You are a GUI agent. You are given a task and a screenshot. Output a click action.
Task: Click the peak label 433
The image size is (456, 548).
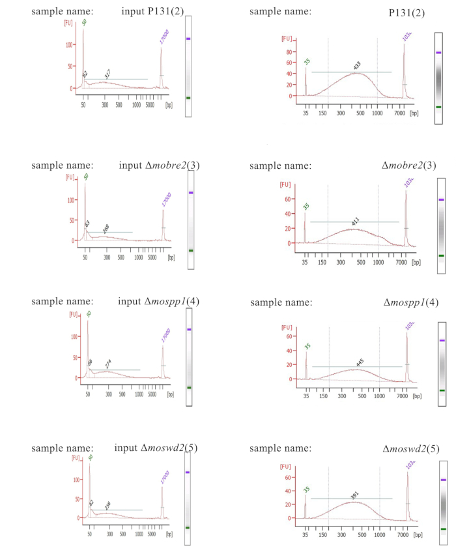pos(357,66)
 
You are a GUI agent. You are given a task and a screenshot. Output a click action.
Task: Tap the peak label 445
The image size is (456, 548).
pos(360,362)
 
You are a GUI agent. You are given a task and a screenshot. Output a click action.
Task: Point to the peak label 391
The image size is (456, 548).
pos(355,495)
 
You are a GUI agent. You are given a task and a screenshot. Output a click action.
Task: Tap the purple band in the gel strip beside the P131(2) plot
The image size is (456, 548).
pos(438,52)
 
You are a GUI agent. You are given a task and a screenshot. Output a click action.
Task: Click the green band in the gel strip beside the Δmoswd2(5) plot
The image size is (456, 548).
pos(443,529)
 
